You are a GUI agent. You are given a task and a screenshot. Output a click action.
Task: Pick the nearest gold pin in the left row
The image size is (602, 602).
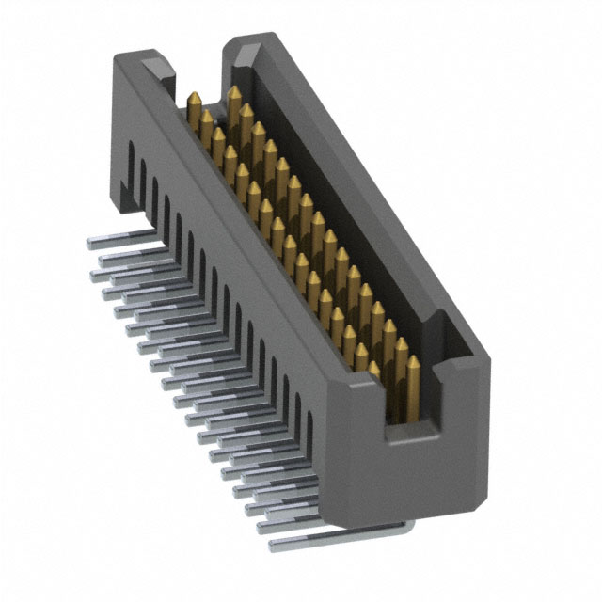[374, 372]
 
